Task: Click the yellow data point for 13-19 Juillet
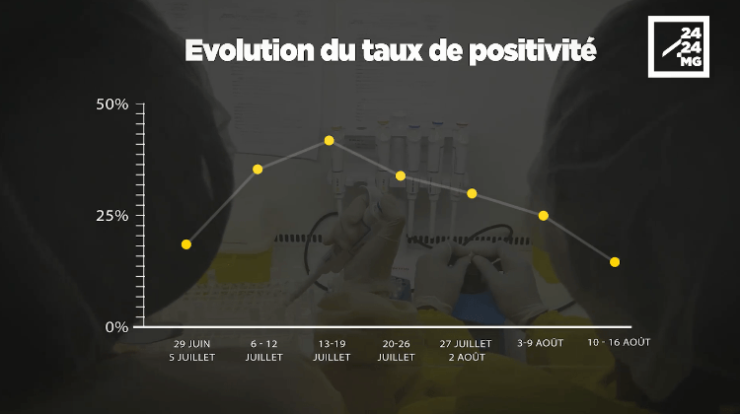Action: [x=330, y=141]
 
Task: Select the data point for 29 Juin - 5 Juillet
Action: [x=186, y=244]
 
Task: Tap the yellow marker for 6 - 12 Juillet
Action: [x=258, y=170]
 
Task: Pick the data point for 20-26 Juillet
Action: [x=401, y=175]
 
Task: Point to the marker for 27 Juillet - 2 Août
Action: [x=472, y=193]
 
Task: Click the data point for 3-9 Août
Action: [x=544, y=216]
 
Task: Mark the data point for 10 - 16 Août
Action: [x=615, y=262]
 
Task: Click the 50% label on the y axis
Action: [x=112, y=104]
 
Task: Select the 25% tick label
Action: [x=112, y=216]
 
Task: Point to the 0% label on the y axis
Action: [x=117, y=327]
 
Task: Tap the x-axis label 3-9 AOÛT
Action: [x=541, y=343]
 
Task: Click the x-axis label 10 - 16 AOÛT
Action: [x=619, y=342]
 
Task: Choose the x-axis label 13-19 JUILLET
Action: [x=332, y=350]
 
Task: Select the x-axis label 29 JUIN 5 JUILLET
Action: [x=192, y=350]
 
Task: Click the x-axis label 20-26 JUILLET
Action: [x=397, y=350]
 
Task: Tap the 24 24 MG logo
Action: [x=679, y=46]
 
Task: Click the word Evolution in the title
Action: [x=250, y=50]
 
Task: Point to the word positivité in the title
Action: [x=533, y=51]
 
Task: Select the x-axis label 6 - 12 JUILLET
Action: [x=264, y=350]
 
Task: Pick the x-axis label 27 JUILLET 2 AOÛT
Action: [x=466, y=350]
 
